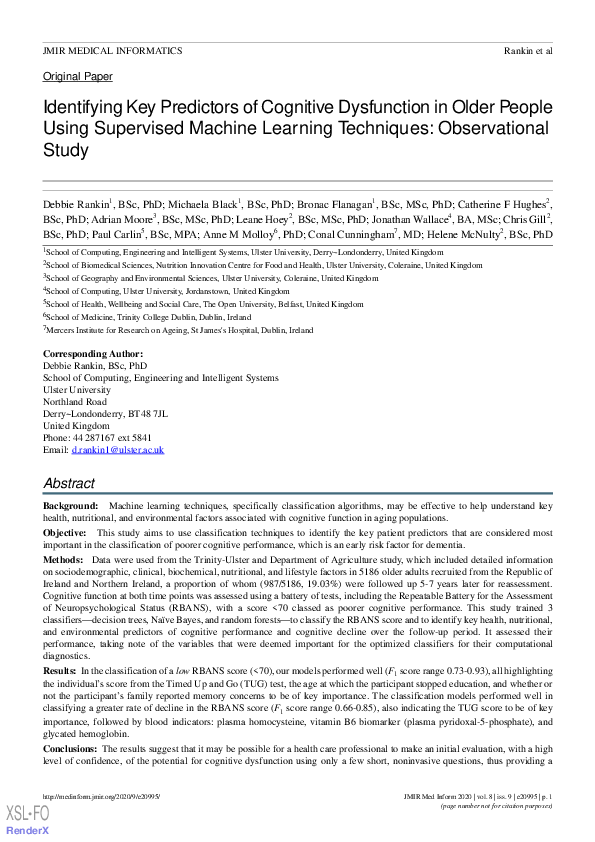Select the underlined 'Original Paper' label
tap(77, 76)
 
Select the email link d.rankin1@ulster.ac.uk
tap(118, 450)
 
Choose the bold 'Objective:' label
tap(65, 534)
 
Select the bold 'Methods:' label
tap(63, 561)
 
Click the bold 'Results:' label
tap(59, 668)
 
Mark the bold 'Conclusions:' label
tap(71, 747)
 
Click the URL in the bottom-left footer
tap(101, 796)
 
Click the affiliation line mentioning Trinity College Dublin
tap(146, 316)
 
